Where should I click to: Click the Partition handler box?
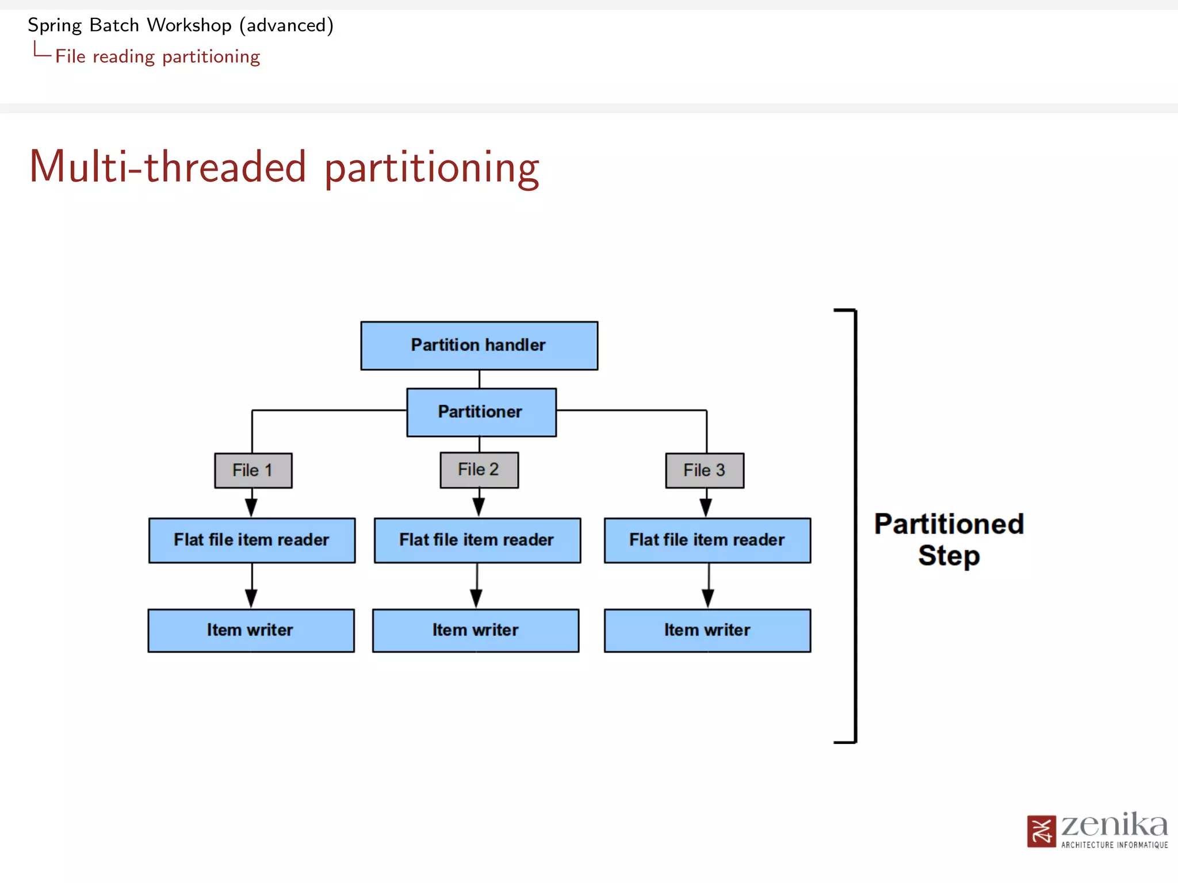479,345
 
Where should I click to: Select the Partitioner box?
481,412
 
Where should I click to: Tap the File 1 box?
253,470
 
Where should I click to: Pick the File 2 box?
479,470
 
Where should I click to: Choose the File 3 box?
704,470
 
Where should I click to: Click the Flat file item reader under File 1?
252,540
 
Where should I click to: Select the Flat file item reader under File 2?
477,540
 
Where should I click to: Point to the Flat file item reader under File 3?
707,540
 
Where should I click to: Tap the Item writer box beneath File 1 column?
251,630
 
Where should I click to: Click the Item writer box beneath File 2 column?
476,630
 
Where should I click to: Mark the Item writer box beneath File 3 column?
707,630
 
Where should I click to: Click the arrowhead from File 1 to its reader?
251,507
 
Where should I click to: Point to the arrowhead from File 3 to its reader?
706,507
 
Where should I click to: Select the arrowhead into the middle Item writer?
476,598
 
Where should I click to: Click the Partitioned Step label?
948,539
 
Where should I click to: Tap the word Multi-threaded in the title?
167,167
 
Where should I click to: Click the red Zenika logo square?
1041,831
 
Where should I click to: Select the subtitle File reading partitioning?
158,56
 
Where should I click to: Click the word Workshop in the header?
189,25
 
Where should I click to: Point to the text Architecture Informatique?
1114,844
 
